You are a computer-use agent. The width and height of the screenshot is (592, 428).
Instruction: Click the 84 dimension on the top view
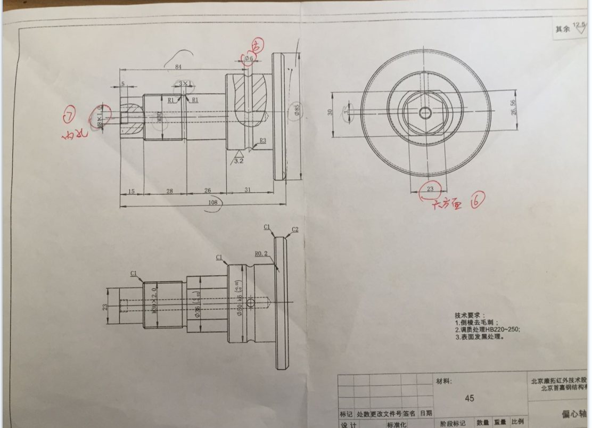click(x=178, y=66)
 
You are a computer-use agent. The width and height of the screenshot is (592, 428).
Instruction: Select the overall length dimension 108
click(x=213, y=202)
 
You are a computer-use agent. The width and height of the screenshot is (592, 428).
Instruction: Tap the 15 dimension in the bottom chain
click(x=131, y=191)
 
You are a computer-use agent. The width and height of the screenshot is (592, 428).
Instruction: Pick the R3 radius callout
click(x=262, y=141)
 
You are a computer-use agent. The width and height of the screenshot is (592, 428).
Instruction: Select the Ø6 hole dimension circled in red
click(x=248, y=58)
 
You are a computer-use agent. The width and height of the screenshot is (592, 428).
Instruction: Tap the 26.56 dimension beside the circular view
click(x=513, y=108)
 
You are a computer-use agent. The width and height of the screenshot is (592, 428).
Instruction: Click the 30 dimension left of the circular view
click(x=330, y=113)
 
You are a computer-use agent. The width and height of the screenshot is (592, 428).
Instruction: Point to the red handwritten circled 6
click(x=476, y=201)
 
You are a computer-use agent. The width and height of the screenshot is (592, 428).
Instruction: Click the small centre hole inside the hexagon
click(x=425, y=113)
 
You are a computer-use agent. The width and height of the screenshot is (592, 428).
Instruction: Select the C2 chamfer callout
click(x=295, y=229)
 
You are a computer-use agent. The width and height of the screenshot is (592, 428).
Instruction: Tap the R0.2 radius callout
click(x=261, y=254)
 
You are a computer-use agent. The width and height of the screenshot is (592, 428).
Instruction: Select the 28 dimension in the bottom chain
click(x=170, y=191)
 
